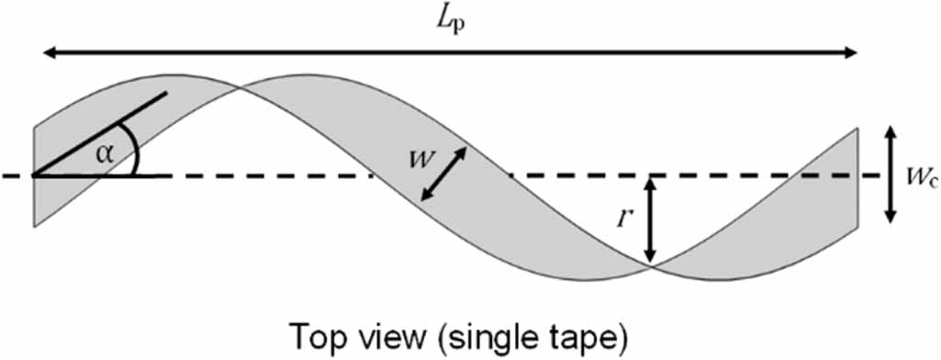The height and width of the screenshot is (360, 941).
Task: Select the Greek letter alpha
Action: pos(106,153)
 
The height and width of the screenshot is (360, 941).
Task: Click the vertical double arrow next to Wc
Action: pos(888,174)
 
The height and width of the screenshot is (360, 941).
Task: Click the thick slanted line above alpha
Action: pos(101,132)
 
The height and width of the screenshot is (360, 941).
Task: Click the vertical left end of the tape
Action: pos(34,174)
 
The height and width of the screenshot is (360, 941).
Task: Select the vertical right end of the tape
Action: pos(857,174)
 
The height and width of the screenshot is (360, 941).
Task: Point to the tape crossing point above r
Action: pos(651,265)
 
